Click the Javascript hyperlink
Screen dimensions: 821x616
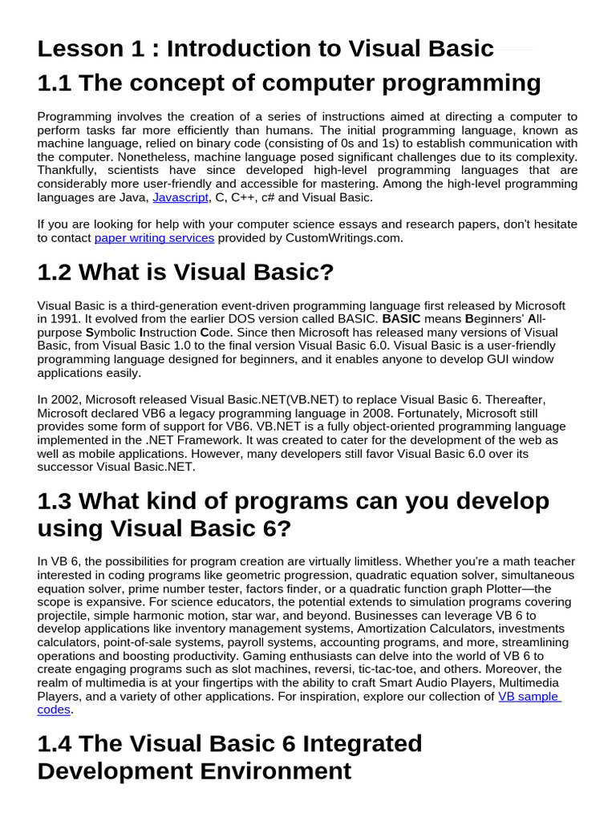tap(180, 197)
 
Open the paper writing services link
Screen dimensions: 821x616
tap(154, 237)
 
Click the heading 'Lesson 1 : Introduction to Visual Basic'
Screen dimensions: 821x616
tap(265, 49)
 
